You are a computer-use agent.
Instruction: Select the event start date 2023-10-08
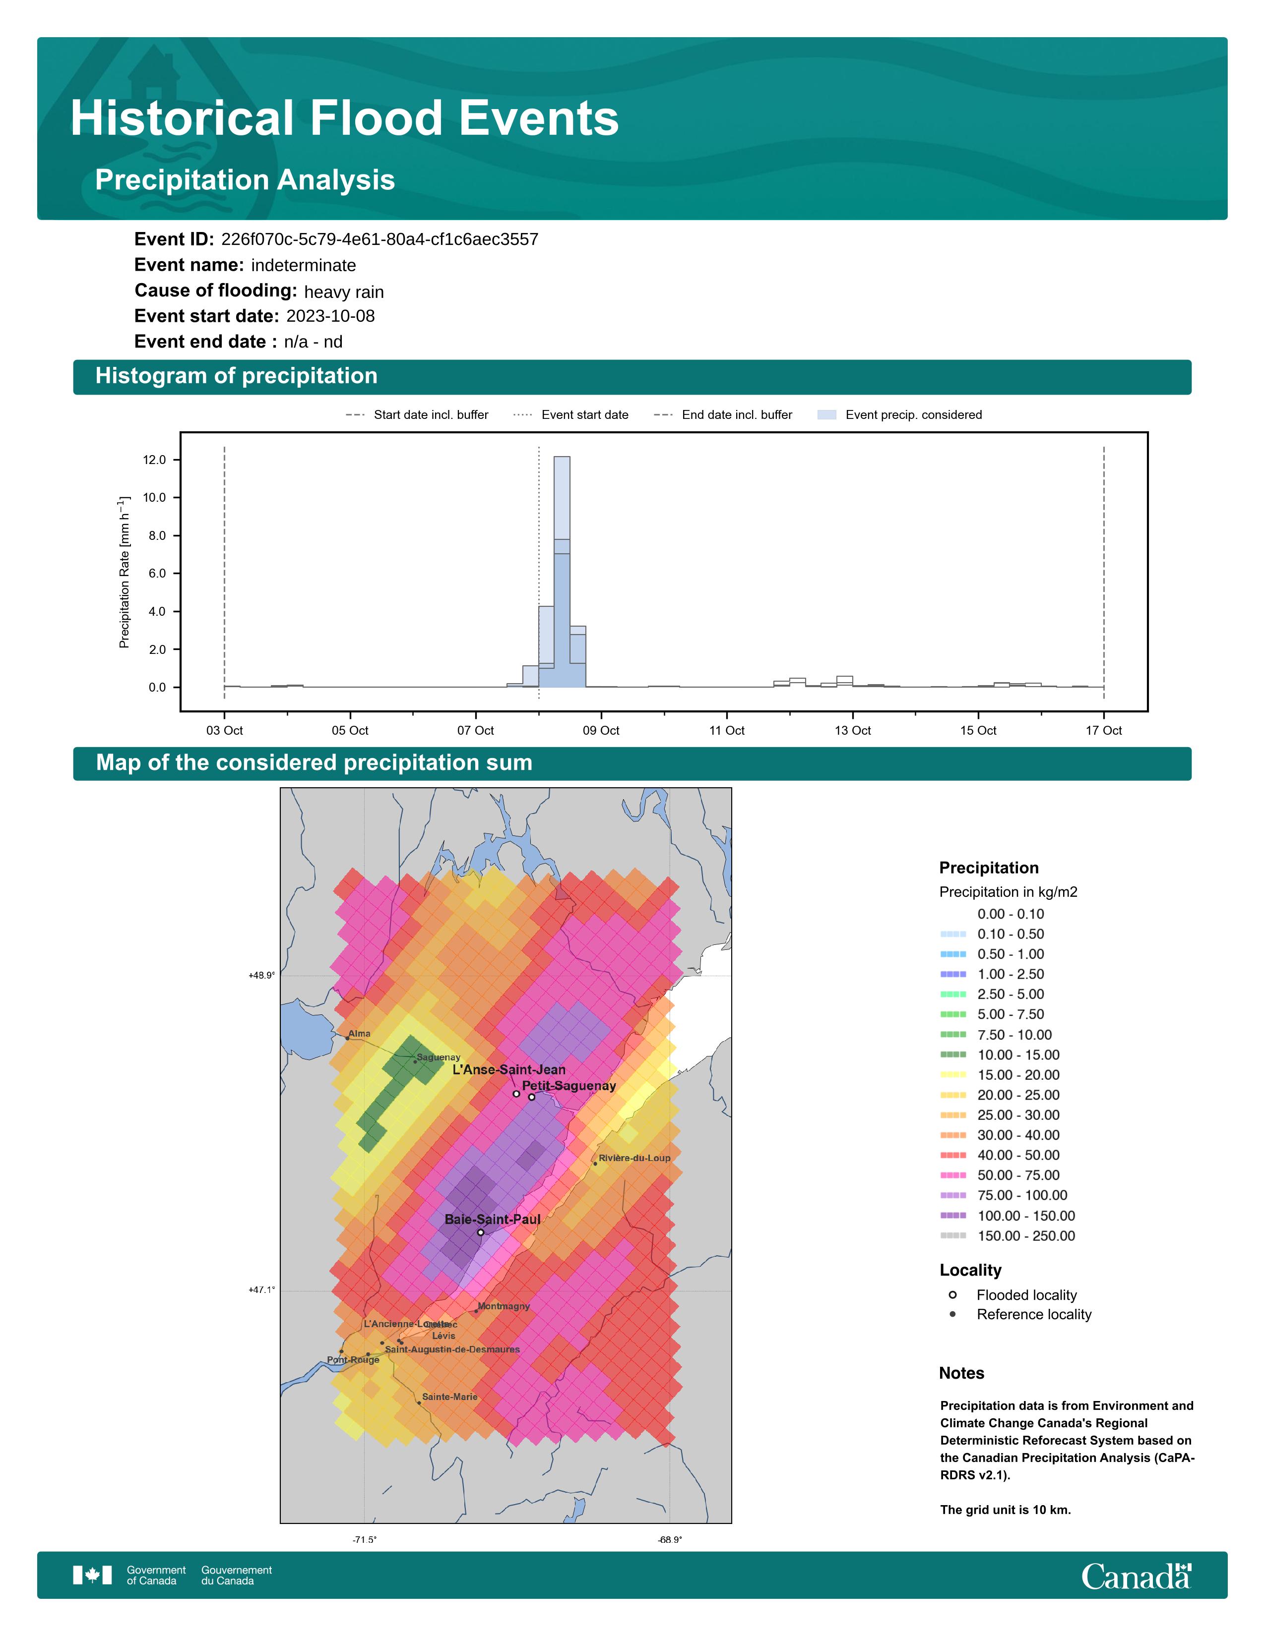330,316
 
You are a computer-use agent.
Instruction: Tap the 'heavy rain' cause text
343,292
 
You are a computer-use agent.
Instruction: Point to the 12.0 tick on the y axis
154,460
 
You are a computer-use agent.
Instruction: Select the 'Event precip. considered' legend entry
913,415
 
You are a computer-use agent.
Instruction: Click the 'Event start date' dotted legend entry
584,415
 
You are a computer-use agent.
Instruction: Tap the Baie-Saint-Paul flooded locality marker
480,1232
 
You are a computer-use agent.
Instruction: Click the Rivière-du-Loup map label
634,1158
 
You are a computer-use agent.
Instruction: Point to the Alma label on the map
360,1034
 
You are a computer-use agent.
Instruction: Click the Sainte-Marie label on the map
449,1397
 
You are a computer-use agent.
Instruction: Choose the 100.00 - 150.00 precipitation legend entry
1025,1216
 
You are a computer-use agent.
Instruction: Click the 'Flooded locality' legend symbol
952,1294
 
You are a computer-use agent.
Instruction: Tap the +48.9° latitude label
261,975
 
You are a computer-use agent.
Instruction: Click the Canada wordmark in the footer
1136,1577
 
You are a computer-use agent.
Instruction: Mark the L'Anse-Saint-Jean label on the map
509,1070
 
